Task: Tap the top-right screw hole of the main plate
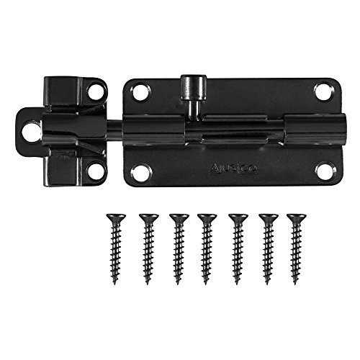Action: click(x=323, y=91)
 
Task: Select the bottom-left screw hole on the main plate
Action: click(x=141, y=172)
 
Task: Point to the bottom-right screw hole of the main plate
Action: click(x=324, y=171)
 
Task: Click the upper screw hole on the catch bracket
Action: click(x=96, y=91)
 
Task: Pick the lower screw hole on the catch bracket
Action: click(x=96, y=171)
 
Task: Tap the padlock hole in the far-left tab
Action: click(x=32, y=132)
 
